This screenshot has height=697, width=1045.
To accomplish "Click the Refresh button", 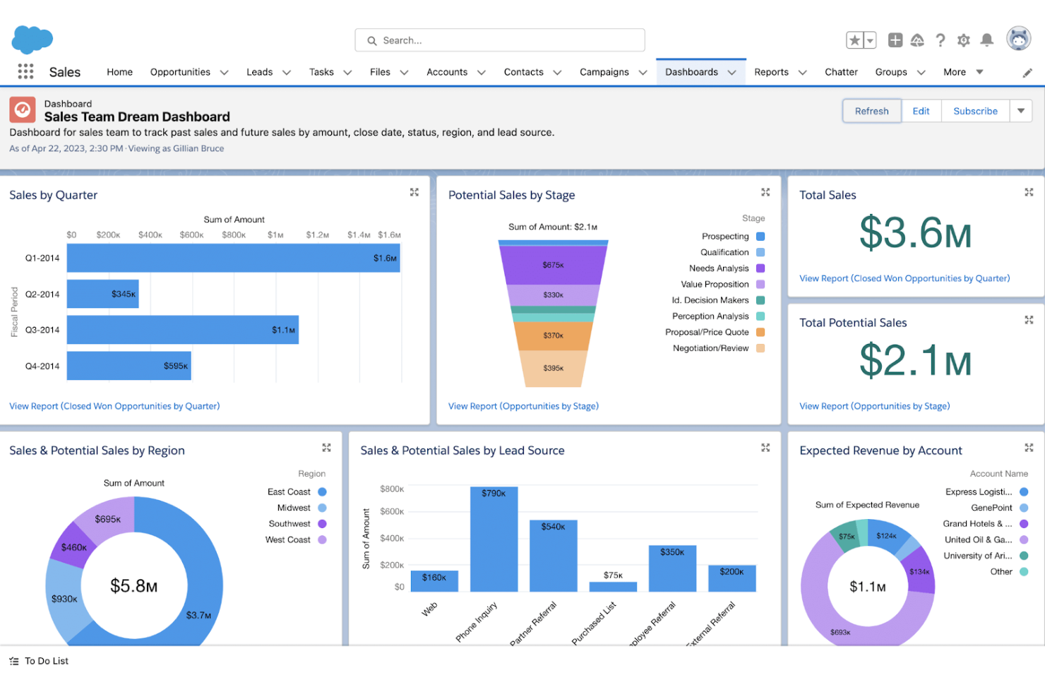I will pos(871,111).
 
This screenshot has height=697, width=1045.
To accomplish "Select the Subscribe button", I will pos(975,111).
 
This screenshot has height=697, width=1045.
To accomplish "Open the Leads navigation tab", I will pos(259,72).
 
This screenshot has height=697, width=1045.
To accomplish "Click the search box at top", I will pos(500,40).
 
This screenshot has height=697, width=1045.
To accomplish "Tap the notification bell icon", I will pos(987,40).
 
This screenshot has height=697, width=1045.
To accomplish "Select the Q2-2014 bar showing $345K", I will pos(102,294).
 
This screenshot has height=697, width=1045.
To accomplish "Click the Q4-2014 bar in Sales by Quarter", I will pos(129,366).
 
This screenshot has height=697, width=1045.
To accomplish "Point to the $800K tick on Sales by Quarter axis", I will pos(234,235).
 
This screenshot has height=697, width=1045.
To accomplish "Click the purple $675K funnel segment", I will pos(553,266).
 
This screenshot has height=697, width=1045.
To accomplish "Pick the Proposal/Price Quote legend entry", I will pos(707,332).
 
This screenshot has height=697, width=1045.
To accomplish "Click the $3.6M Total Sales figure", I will pos(915,233).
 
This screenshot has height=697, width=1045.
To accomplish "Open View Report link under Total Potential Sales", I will pos(874,406).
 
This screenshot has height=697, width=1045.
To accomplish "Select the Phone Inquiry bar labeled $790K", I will pos(494,540).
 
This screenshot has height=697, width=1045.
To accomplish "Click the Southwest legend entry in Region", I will pos(289,524).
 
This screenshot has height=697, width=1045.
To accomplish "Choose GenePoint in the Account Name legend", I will pos(991,508).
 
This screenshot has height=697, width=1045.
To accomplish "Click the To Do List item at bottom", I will pos(46,661).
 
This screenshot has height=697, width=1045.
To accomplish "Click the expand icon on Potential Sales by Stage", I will pos(765,192).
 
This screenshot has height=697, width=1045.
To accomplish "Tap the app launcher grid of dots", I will pos(25,71).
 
